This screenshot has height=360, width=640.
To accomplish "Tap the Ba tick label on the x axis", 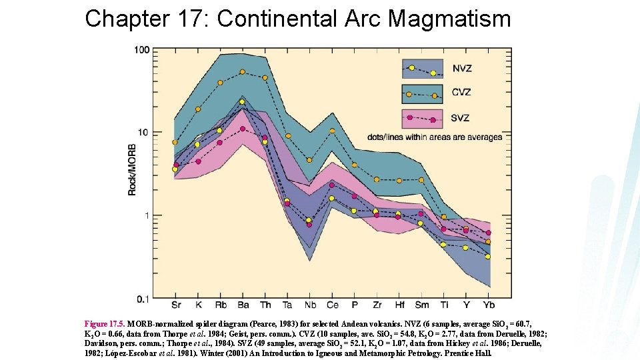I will tap(243, 306).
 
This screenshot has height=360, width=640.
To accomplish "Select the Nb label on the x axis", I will tap(310, 306).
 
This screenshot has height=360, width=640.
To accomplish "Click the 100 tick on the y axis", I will tap(141, 50).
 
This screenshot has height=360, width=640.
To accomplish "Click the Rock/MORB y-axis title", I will tap(133, 169).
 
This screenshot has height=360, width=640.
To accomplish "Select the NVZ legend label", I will tap(461, 68).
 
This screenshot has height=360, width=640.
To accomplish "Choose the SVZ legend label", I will tap(461, 118).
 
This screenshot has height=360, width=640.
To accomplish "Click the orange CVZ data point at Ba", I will tap(243, 72).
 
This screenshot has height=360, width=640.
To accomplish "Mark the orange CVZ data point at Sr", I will tap(175, 142).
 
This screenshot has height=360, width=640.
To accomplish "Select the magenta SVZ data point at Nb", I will tap(309, 225).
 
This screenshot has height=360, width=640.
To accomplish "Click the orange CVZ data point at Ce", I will tap(332, 131).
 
